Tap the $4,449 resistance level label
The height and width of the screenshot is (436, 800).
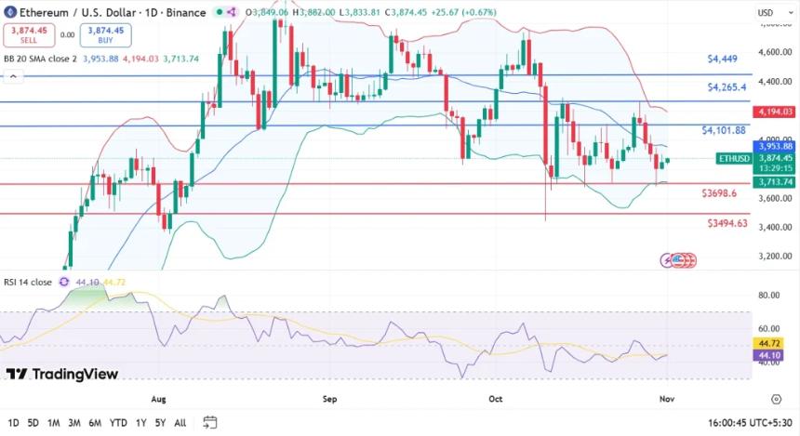coord(722,59)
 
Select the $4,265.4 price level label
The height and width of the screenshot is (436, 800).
coord(725,87)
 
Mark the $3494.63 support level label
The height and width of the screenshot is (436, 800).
coord(727,223)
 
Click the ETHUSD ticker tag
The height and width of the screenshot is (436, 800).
coord(733,159)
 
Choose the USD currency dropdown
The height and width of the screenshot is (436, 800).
coord(769,12)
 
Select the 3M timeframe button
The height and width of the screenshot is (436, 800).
coord(74,423)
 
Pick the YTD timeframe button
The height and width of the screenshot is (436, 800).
coord(118,423)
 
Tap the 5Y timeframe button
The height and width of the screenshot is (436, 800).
coord(161,423)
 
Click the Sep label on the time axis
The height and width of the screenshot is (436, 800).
coord(329,399)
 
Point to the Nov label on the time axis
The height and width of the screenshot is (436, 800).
coord(666,399)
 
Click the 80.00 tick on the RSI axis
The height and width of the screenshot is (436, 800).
coord(769,296)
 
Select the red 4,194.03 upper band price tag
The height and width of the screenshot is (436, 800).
coord(775,112)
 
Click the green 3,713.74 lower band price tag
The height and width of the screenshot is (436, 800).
coord(775,182)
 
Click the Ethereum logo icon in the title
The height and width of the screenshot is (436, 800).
coord(10,12)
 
